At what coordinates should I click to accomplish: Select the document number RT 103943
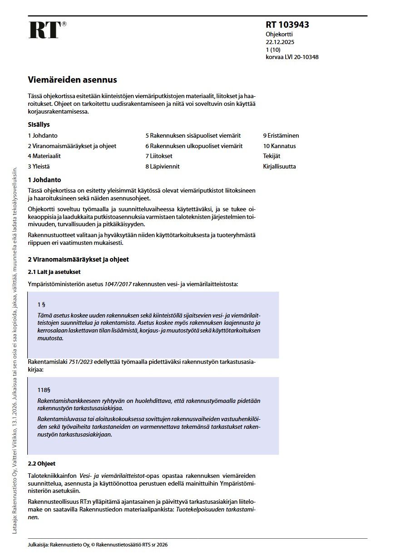pyautogui.click(x=287, y=25)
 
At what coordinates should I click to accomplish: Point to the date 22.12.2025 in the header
pyautogui.click(x=281, y=42)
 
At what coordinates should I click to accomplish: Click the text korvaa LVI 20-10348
pyautogui.click(x=292, y=57)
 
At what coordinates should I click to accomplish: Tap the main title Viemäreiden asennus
pyautogui.click(x=72, y=80)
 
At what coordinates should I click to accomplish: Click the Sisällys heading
pyautogui.click(x=39, y=124)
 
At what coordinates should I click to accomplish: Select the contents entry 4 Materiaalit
pyautogui.click(x=44, y=156)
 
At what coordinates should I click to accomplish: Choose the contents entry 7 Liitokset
pyautogui.click(x=159, y=156)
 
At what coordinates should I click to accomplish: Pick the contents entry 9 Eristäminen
pyautogui.click(x=281, y=135)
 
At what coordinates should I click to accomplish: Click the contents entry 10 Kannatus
pyautogui.click(x=279, y=146)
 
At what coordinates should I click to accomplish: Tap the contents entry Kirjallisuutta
pyautogui.click(x=279, y=167)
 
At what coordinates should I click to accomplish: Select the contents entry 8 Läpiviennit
pyautogui.click(x=163, y=167)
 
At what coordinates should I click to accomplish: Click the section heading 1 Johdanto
pyautogui.click(x=44, y=180)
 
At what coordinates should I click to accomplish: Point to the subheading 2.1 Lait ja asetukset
pyautogui.click(x=54, y=272)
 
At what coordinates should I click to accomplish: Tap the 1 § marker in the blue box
pyautogui.click(x=41, y=304)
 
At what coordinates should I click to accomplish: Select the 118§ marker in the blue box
pyautogui.click(x=44, y=389)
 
